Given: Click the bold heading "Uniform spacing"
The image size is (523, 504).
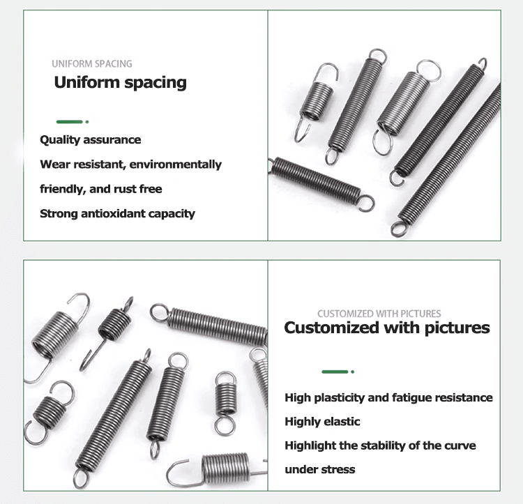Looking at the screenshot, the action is [120, 83].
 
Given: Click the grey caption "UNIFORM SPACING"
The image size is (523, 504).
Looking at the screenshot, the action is [92, 63].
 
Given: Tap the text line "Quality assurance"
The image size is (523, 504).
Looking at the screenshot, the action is [91, 139].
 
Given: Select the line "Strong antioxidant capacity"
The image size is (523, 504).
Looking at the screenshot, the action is [117, 214].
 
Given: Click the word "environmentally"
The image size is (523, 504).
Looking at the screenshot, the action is [176, 165].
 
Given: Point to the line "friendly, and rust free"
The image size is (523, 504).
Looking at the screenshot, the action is [101, 189].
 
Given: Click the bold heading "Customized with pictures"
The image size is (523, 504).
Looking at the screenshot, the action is [387, 328].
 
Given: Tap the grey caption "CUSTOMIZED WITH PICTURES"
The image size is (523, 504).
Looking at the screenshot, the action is [379, 314].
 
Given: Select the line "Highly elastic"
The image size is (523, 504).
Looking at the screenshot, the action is [323, 422].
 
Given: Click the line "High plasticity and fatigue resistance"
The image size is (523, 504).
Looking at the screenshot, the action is [388, 397].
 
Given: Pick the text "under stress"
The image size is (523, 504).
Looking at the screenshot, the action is [320, 469].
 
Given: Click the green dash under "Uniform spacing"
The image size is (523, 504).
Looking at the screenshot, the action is [69, 122].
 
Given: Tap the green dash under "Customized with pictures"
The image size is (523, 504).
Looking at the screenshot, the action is [335, 372].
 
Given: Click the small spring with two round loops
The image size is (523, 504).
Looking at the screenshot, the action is [225, 404].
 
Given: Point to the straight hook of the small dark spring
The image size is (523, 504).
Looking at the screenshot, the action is [93, 354].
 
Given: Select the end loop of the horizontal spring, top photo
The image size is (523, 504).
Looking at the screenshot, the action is [367, 204].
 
